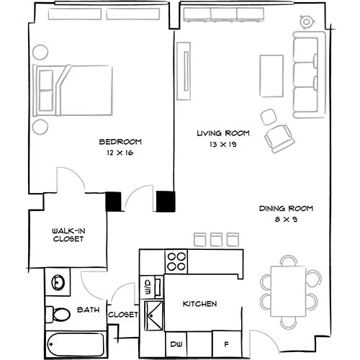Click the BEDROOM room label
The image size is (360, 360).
click(x=121, y=141)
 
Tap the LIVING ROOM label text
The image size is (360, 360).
click(x=222, y=133)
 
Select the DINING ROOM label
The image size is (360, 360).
click(x=286, y=209)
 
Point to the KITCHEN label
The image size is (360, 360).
click(x=199, y=304)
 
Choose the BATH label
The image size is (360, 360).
click(x=88, y=310)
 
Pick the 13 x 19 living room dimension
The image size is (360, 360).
click(x=222, y=145)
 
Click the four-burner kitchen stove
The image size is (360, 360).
click(x=176, y=261)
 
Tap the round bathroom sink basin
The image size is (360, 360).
click(x=58, y=282)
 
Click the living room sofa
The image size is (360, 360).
click(x=307, y=76)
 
